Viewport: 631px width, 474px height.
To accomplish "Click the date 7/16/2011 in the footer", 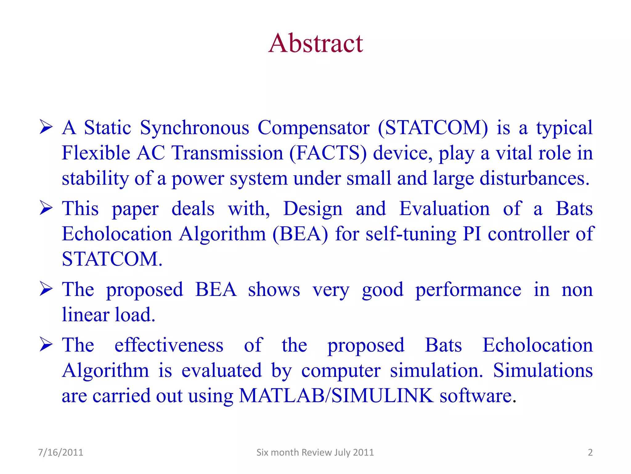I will pyautogui.click(x=60, y=452).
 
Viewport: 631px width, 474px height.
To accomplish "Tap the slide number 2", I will pyautogui.click(x=590, y=452).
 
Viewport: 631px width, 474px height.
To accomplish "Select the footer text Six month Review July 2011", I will pyautogui.click(x=315, y=452).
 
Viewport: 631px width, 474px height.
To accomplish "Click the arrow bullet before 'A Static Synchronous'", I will pyautogui.click(x=46, y=127).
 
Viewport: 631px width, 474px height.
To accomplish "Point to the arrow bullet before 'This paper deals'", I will pyautogui.click(x=46, y=208).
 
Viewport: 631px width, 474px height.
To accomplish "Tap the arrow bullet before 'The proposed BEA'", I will pyautogui.click(x=46, y=289).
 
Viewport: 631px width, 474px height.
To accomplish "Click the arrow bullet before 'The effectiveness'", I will pyautogui.click(x=46, y=345).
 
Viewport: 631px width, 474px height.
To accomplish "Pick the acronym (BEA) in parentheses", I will pyautogui.click(x=300, y=234).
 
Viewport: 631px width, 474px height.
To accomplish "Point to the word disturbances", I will pyautogui.click(x=534, y=178).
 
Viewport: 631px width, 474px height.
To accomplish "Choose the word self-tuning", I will pyautogui.click(x=411, y=234).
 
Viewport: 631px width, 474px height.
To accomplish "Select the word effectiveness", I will pyautogui.click(x=169, y=345).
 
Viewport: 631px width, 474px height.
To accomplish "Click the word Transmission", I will pyautogui.click(x=227, y=153).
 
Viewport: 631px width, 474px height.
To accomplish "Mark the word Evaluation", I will pyautogui.click(x=444, y=209).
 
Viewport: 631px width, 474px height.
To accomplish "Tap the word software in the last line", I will pyautogui.click(x=476, y=396).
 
